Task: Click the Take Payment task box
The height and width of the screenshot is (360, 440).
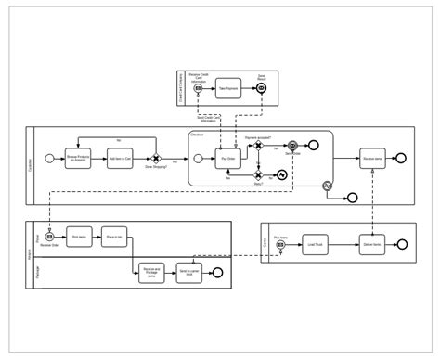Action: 229,87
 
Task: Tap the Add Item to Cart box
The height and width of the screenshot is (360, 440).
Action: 118,159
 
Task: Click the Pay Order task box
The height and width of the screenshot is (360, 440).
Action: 227,159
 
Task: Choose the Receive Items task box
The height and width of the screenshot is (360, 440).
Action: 373,159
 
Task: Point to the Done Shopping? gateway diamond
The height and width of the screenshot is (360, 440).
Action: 156,159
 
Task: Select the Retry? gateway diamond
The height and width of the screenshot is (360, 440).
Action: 259,174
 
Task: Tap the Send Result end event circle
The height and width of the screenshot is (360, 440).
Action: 262,87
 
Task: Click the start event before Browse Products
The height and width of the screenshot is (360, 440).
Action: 48,159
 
